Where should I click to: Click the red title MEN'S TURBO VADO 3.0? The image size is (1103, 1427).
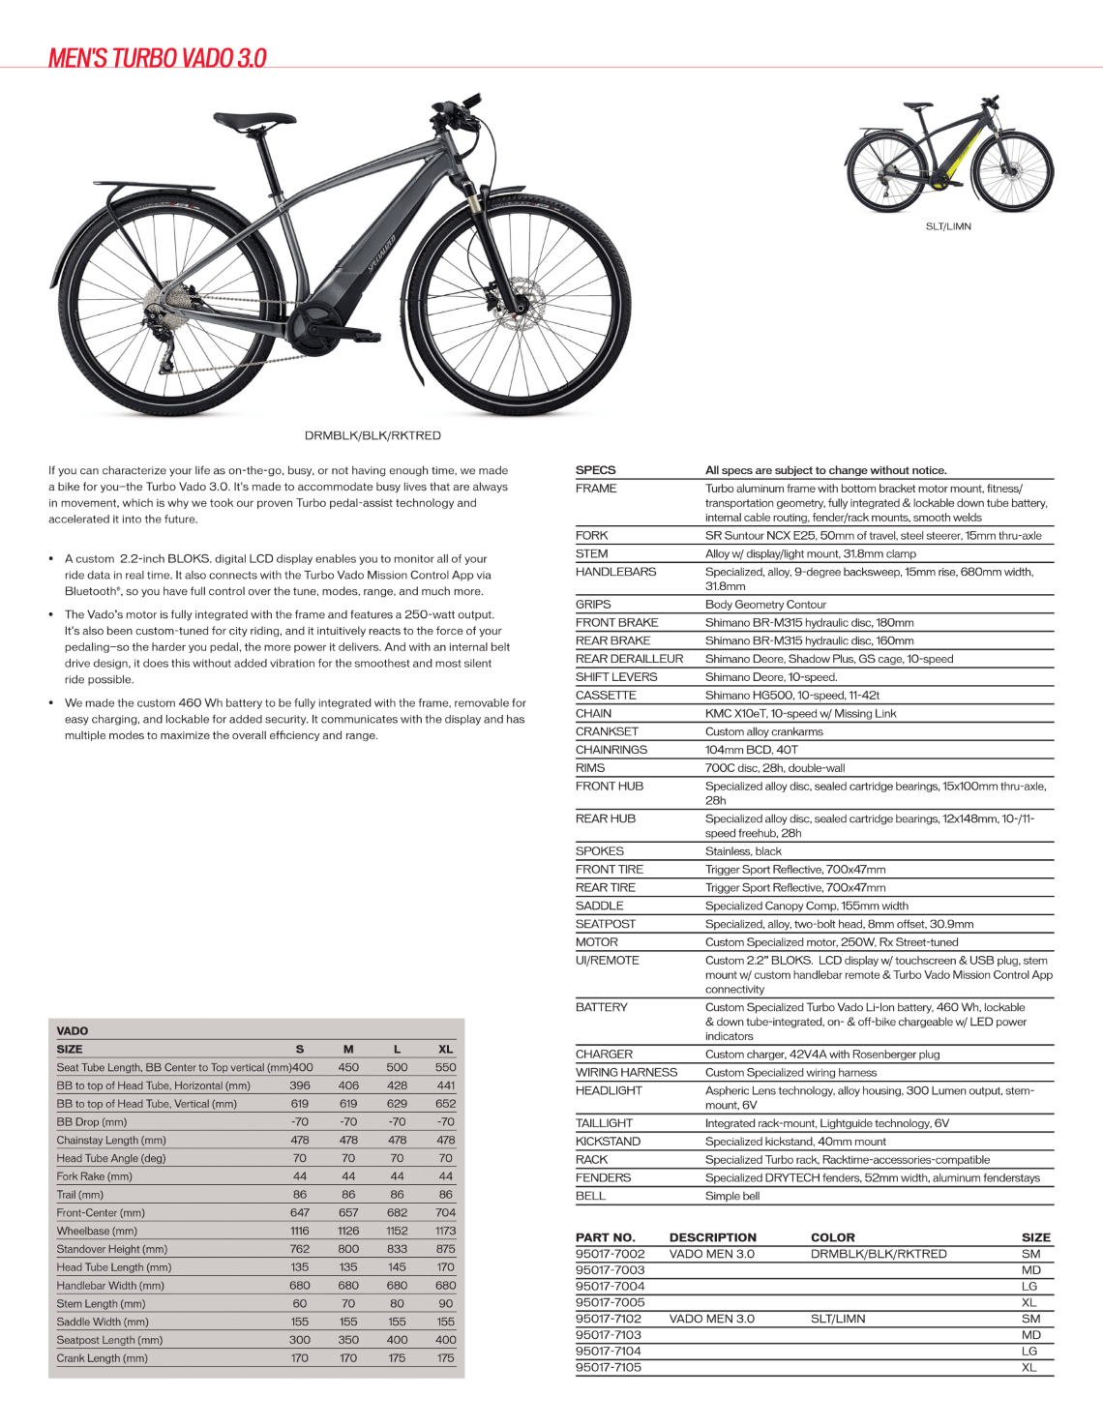coord(158,58)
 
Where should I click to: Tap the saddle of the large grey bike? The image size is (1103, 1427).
coord(253,121)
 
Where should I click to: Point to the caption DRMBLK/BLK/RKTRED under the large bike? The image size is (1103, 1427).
coord(373,435)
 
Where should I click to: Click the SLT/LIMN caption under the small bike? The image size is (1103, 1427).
coord(948,226)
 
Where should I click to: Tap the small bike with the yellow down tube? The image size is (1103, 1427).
coord(948,155)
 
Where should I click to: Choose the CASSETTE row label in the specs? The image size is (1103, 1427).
coord(606,695)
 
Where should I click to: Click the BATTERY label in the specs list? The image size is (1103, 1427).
coord(601,1007)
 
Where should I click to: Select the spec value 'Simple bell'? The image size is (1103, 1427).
coord(732,1196)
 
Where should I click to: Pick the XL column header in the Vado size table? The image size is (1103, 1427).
coord(445,1049)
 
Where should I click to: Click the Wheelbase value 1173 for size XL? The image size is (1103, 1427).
coord(445,1231)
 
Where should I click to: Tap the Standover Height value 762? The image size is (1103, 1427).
coord(300,1249)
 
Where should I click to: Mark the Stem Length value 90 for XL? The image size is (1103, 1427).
coord(445,1303)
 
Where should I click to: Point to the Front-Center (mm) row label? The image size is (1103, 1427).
coord(101,1212)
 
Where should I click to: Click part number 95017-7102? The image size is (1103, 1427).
coord(609,1319)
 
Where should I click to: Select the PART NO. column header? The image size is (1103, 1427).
coord(605,1237)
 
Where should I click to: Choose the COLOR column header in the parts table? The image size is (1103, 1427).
coord(832,1237)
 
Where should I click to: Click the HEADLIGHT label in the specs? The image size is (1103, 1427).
coord(609,1090)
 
